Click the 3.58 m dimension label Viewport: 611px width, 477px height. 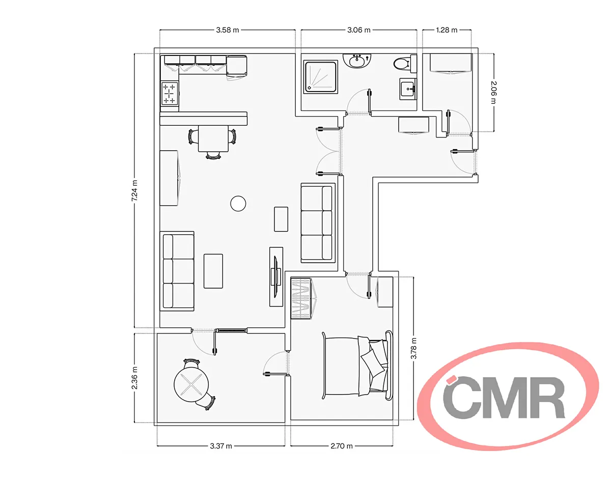click(227, 30)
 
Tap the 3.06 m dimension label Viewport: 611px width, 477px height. click(358, 30)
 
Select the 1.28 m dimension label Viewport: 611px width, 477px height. click(447, 30)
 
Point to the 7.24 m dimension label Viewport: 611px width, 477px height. click(134, 190)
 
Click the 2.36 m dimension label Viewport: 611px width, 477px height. click(134, 378)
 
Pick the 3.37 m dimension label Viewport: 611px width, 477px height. click(221, 446)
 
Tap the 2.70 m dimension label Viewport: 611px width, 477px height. click(341, 446)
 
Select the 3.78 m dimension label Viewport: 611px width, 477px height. click(413, 349)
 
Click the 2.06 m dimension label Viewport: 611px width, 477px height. click(493, 93)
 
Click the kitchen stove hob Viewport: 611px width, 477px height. click(170, 93)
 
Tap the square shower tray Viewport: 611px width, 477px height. click(321, 77)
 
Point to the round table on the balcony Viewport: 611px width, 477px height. click(191, 384)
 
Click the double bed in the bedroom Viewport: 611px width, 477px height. click(357, 366)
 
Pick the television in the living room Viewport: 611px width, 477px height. click(275, 276)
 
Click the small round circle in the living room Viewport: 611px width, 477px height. click(238, 204)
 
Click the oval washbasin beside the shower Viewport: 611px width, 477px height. click(357, 61)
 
